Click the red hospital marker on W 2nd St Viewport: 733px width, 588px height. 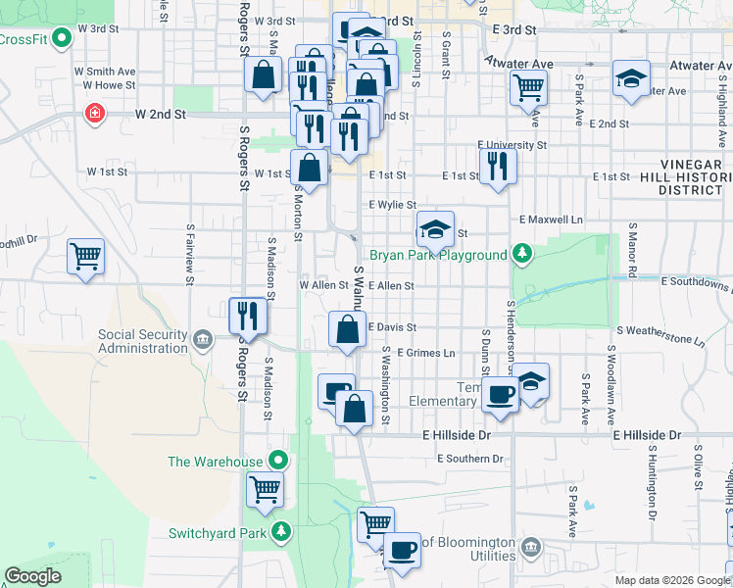click(x=94, y=114)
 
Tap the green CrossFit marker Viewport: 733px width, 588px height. click(x=61, y=38)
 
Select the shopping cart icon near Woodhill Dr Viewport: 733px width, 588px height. click(x=86, y=257)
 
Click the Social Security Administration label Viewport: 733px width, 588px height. click(x=143, y=341)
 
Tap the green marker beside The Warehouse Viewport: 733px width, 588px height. click(x=279, y=461)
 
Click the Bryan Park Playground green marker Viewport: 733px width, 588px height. click(x=523, y=255)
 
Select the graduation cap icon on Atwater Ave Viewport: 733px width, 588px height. click(x=631, y=79)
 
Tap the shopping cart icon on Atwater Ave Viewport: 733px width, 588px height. click(x=529, y=85)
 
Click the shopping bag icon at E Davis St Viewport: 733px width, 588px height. click(x=347, y=329)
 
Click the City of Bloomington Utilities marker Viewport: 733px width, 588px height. click(x=531, y=545)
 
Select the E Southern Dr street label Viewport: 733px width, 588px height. click(x=470, y=459)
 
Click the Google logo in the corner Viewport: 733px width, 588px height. click(x=33, y=576)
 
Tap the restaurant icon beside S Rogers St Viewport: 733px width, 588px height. click(x=247, y=316)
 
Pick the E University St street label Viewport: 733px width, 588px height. click(x=513, y=145)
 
